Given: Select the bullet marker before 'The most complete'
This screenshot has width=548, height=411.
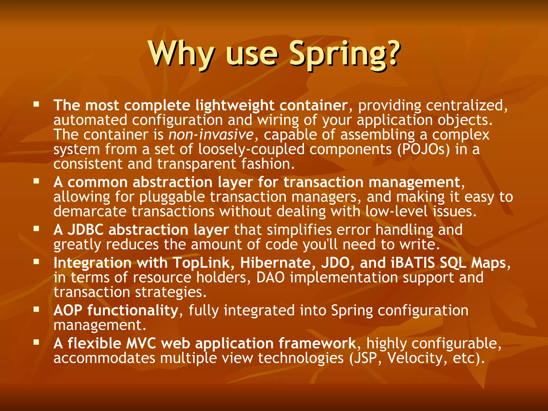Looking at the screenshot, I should point(36,104).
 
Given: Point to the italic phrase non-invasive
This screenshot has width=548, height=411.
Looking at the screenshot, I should point(211,134).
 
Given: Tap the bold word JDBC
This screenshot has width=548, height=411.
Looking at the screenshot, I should point(85,230).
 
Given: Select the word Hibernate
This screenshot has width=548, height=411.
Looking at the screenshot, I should point(276,263).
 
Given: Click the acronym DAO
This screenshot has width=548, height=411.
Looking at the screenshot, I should point(271,277).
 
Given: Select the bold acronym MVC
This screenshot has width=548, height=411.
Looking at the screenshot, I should point(141,343).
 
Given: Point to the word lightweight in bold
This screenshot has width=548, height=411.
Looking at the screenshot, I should point(235,105).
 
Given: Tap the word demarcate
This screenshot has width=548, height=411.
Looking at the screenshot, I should point(90,211).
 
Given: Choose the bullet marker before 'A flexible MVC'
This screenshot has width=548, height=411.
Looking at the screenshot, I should point(36,342).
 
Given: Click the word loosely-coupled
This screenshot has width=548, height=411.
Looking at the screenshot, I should point(251,149).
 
